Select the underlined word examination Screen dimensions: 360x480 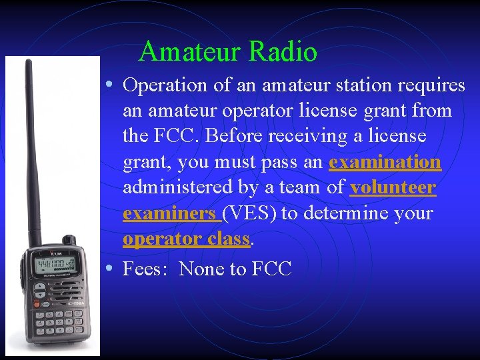pos(385,162)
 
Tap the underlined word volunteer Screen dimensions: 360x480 pos(393,188)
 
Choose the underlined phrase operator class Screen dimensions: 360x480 pos(186,239)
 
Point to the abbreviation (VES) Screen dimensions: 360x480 pos(251,214)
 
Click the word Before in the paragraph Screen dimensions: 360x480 pos(232,137)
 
